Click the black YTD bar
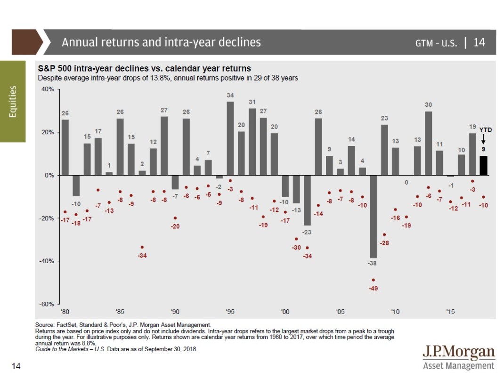coord(484,165)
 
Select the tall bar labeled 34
coord(230,138)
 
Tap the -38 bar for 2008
coord(374,216)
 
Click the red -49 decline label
coord(374,288)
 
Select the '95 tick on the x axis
coord(230,312)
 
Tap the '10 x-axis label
coord(395,312)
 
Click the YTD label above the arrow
coord(485,129)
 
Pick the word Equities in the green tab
coord(13,101)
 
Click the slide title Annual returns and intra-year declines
coord(161,42)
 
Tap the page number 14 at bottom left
coord(16,366)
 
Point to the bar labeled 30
coord(429,143)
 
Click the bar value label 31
coord(252,102)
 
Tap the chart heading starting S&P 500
coord(144,68)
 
